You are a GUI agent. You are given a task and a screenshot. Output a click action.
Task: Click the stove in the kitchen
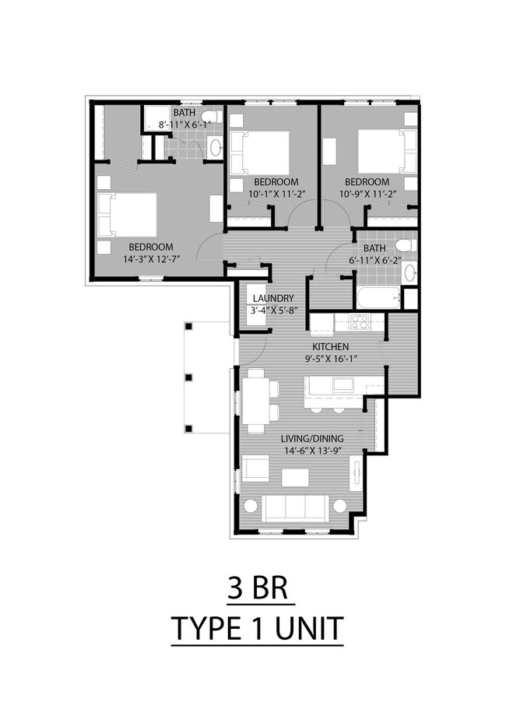(x=358, y=321)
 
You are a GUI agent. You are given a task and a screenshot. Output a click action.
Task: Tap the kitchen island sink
(x=340, y=384)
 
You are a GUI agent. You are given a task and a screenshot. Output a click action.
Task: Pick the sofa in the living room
(x=293, y=507)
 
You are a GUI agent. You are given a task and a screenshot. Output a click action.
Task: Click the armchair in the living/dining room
(x=255, y=468)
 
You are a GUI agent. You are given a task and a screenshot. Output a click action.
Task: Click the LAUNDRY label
(x=272, y=298)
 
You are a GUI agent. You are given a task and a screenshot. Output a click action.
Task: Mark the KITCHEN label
(x=330, y=346)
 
